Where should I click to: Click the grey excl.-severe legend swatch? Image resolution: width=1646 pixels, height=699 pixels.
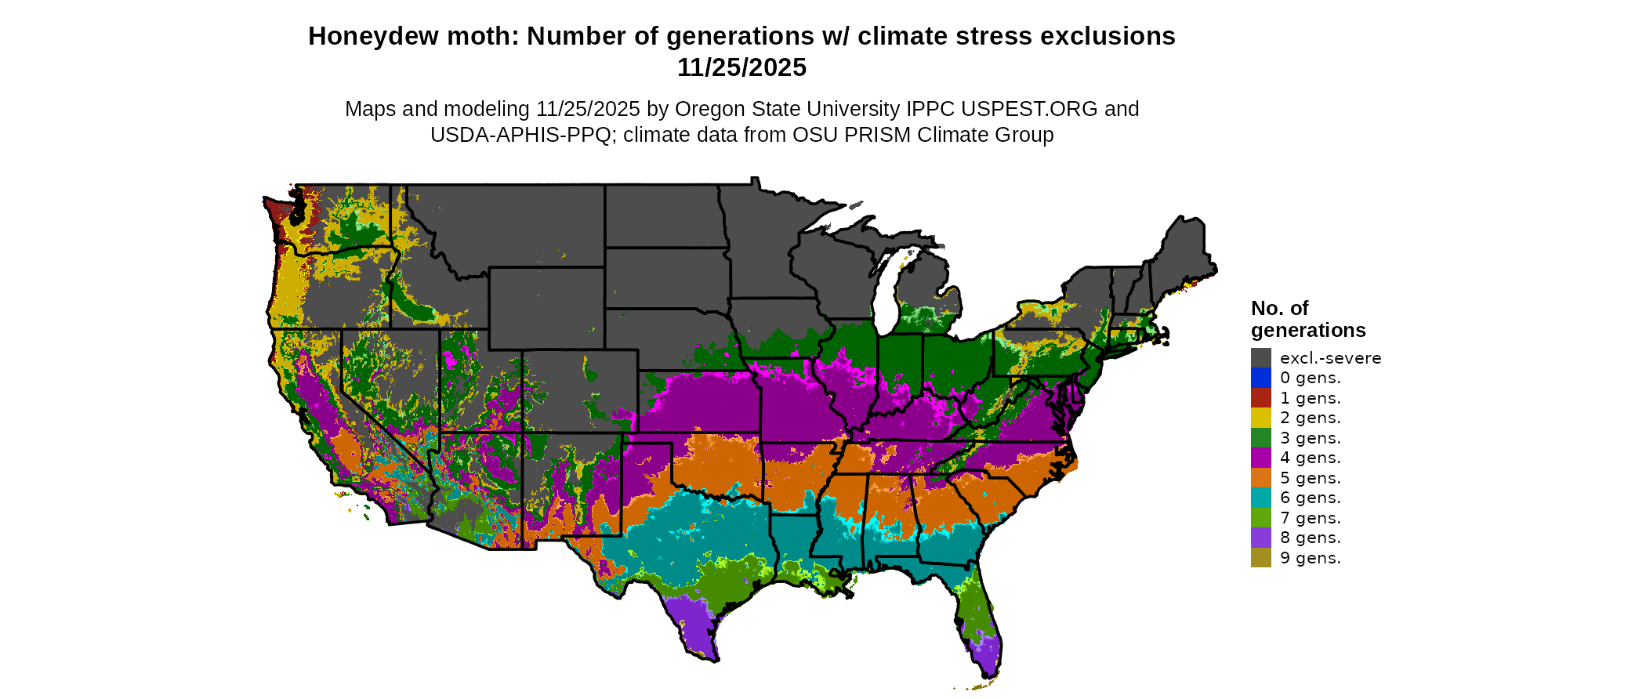pyautogui.click(x=1260, y=358)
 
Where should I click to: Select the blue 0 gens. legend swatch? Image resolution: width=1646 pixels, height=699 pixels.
pyautogui.click(x=1260, y=378)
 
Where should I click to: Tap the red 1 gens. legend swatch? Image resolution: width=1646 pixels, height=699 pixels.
pyautogui.click(x=1260, y=398)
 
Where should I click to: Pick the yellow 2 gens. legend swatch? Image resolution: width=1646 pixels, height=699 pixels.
pyautogui.click(x=1260, y=418)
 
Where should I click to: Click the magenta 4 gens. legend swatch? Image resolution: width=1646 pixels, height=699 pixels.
pyautogui.click(x=1260, y=458)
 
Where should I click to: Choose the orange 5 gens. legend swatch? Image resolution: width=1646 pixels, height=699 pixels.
pyautogui.click(x=1260, y=478)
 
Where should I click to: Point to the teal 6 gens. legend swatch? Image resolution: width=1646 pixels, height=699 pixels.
pyautogui.click(x=1260, y=498)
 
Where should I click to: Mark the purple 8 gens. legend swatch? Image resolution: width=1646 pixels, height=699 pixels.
pyautogui.click(x=1260, y=538)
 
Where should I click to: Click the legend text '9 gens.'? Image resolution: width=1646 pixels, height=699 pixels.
pyautogui.click(x=1310, y=558)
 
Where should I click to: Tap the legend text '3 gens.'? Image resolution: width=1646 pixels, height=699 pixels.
pyautogui.click(x=1310, y=438)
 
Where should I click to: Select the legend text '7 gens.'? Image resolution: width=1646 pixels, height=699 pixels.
pyautogui.click(x=1310, y=518)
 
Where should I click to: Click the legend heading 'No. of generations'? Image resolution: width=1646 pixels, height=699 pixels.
pyautogui.click(x=1307, y=319)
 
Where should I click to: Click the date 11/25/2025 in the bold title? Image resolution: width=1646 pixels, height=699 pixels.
pyautogui.click(x=741, y=67)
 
